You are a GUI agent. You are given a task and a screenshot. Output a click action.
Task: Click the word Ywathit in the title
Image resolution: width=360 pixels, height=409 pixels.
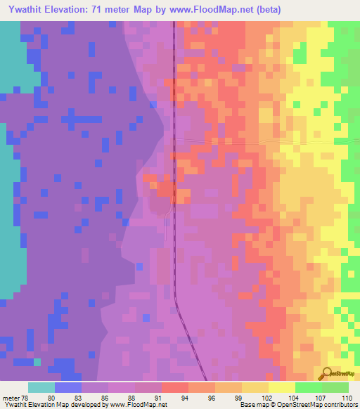[26, 10]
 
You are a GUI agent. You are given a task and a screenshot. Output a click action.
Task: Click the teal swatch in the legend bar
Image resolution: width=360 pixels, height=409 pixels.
[41, 387]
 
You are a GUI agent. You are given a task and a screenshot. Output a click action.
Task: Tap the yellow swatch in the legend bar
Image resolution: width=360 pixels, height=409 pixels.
[282, 387]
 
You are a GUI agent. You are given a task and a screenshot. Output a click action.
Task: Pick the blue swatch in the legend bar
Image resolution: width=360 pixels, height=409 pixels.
[68, 387]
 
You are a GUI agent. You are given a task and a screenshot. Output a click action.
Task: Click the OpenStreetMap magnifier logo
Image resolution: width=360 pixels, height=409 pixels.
[326, 373]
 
